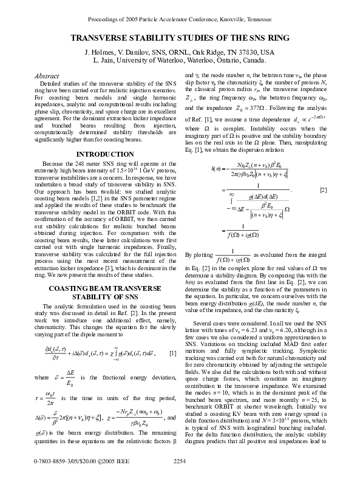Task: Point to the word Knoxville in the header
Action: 228,19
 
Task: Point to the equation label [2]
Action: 324,208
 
